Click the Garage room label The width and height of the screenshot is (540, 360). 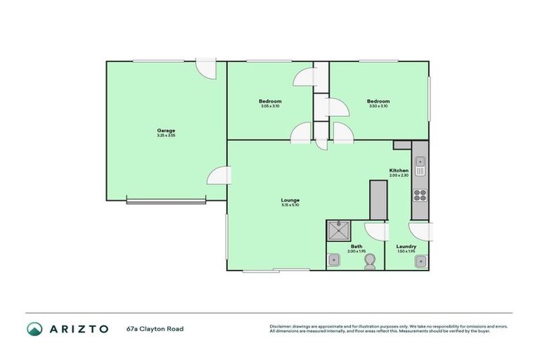pyautogui.click(x=166, y=130)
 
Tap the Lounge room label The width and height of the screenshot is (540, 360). pyautogui.click(x=290, y=200)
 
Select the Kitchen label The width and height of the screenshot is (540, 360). pyautogui.click(x=399, y=171)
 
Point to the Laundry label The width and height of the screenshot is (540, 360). pyautogui.click(x=406, y=246)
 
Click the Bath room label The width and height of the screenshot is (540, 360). pyautogui.click(x=356, y=246)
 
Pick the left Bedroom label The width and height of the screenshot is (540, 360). pyautogui.click(x=270, y=101)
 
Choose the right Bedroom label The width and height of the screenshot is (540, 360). pyautogui.click(x=378, y=101)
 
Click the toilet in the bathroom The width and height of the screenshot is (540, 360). pyautogui.click(x=370, y=261)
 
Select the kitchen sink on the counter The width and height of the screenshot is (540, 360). pyautogui.click(x=420, y=166)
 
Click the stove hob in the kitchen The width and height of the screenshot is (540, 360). pyautogui.click(x=420, y=195)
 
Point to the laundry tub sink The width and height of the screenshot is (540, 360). pyautogui.click(x=420, y=262)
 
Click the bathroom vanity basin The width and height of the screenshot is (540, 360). pyautogui.click(x=334, y=261)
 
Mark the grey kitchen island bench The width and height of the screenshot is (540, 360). pyautogui.click(x=378, y=200)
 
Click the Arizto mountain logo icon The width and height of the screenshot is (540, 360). pyautogui.click(x=34, y=328)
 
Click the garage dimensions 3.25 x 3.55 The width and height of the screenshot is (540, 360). pyautogui.click(x=166, y=135)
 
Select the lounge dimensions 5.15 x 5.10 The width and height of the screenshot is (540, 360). pyautogui.click(x=290, y=205)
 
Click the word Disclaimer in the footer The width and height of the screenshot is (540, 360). pyautogui.click(x=280, y=326)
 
